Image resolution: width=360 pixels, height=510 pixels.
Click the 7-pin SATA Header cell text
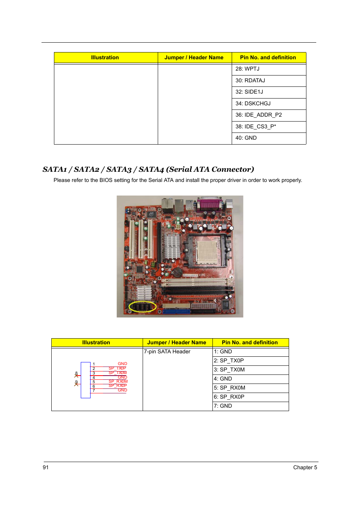(x=167, y=352)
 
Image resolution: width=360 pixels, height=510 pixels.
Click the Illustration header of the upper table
(x=105, y=58)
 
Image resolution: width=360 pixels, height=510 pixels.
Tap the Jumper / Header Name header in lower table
(x=177, y=343)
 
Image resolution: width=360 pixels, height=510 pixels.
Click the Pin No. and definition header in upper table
(x=268, y=58)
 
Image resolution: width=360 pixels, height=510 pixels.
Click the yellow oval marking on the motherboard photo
(x=142, y=307)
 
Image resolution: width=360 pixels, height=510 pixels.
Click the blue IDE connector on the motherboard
(x=177, y=312)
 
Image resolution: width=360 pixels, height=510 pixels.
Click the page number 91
(x=46, y=468)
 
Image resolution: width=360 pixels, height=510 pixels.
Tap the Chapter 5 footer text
(x=305, y=468)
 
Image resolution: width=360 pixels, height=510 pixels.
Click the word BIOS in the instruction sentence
(x=106, y=180)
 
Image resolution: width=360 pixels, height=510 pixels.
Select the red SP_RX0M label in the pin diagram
(x=118, y=382)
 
